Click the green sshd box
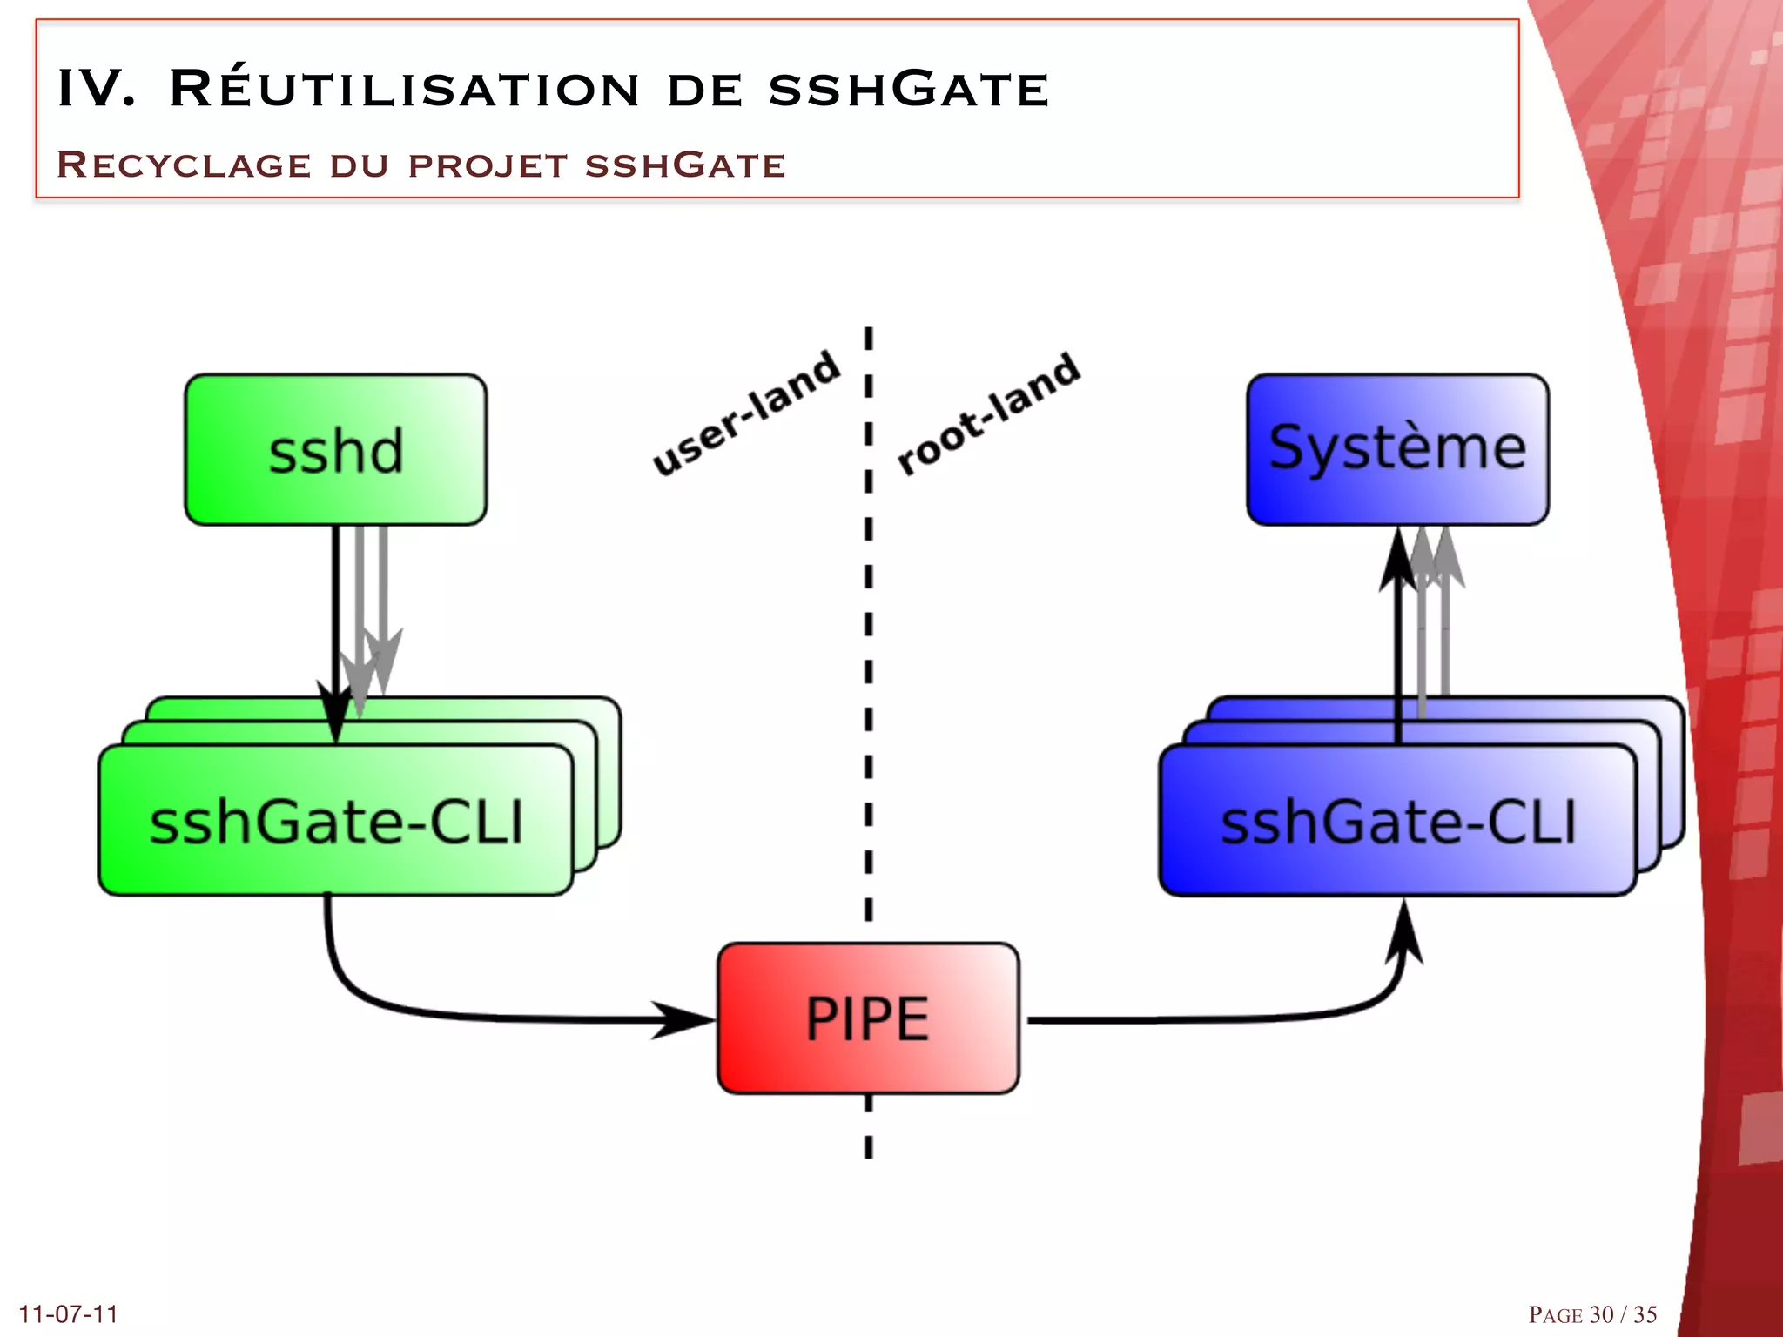pos(335,450)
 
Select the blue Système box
pos(1397,449)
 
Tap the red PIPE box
pos(868,1018)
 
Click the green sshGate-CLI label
pos(336,823)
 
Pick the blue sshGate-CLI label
pos(1398,823)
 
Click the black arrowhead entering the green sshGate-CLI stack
pos(335,709)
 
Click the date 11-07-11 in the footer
pos(68,1313)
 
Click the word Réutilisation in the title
pos(404,89)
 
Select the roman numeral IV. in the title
pos(96,89)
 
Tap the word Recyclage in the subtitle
pos(184,165)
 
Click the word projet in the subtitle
pos(488,165)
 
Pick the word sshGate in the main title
pos(909,89)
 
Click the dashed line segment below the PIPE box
pos(868,1127)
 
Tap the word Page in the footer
pos(1555,1314)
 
